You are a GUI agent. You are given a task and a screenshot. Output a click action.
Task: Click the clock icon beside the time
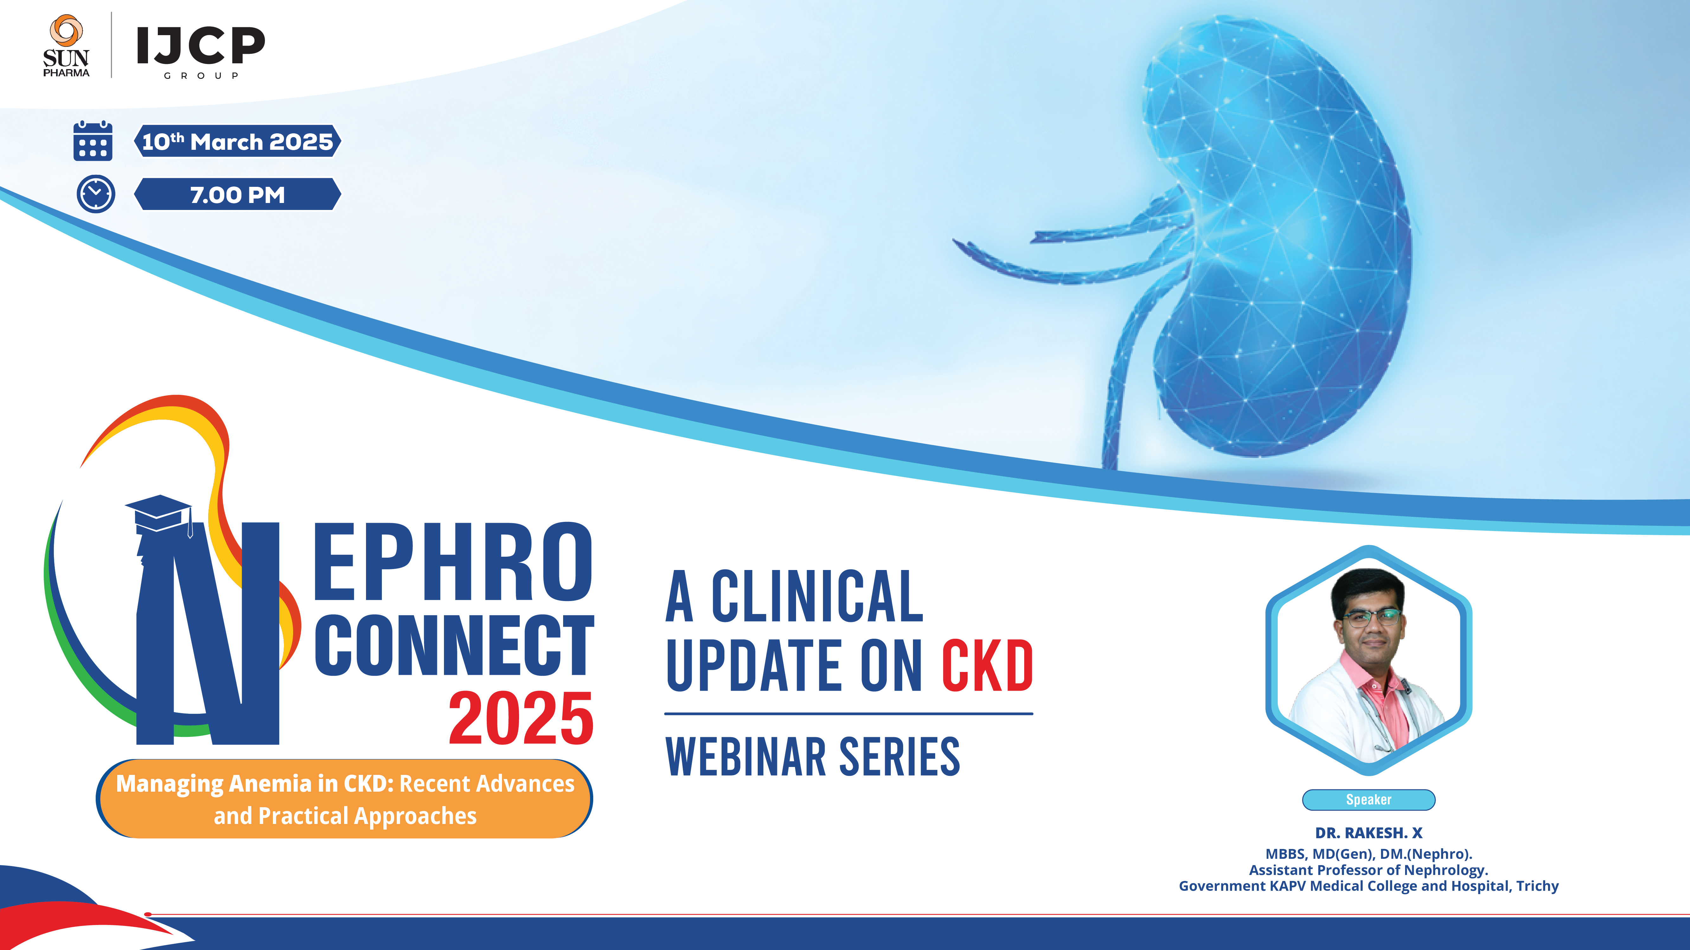pyautogui.click(x=96, y=194)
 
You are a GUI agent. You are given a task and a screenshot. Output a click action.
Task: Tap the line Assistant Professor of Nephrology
pyautogui.click(x=1369, y=870)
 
